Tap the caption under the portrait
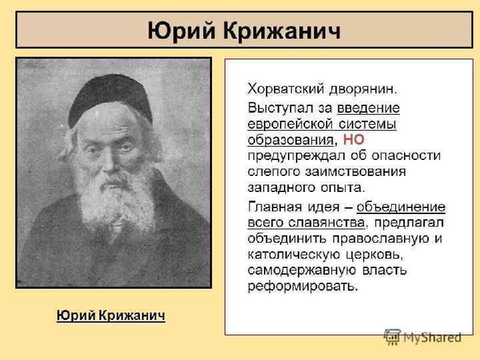(110, 315)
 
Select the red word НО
(353, 140)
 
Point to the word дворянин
(365, 89)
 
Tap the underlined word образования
(290, 140)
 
